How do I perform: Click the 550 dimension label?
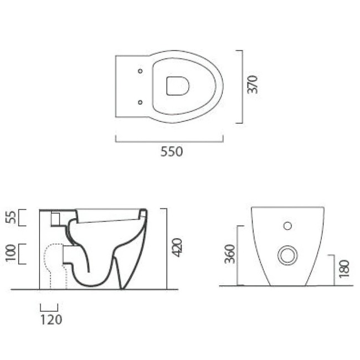point(171,152)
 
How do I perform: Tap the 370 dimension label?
point(253,84)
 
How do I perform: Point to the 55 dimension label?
point(9,218)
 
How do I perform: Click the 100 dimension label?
point(9,254)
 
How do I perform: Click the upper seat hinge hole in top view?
point(140,71)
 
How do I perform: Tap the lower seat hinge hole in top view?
point(140,101)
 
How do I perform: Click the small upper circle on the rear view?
point(287,225)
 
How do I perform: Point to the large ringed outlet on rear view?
point(287,255)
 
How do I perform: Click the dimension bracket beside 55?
point(23,218)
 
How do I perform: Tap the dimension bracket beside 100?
point(23,254)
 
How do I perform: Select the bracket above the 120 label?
point(49,306)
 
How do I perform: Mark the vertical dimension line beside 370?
point(242,86)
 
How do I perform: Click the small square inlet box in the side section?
point(55,219)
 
